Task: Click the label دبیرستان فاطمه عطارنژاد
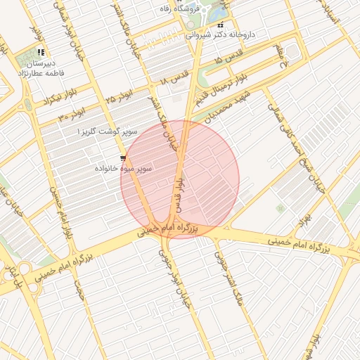(x=46, y=67)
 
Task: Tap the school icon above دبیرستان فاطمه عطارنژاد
(x=41, y=52)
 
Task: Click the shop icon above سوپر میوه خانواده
(x=124, y=158)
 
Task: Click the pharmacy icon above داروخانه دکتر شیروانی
(x=219, y=25)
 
